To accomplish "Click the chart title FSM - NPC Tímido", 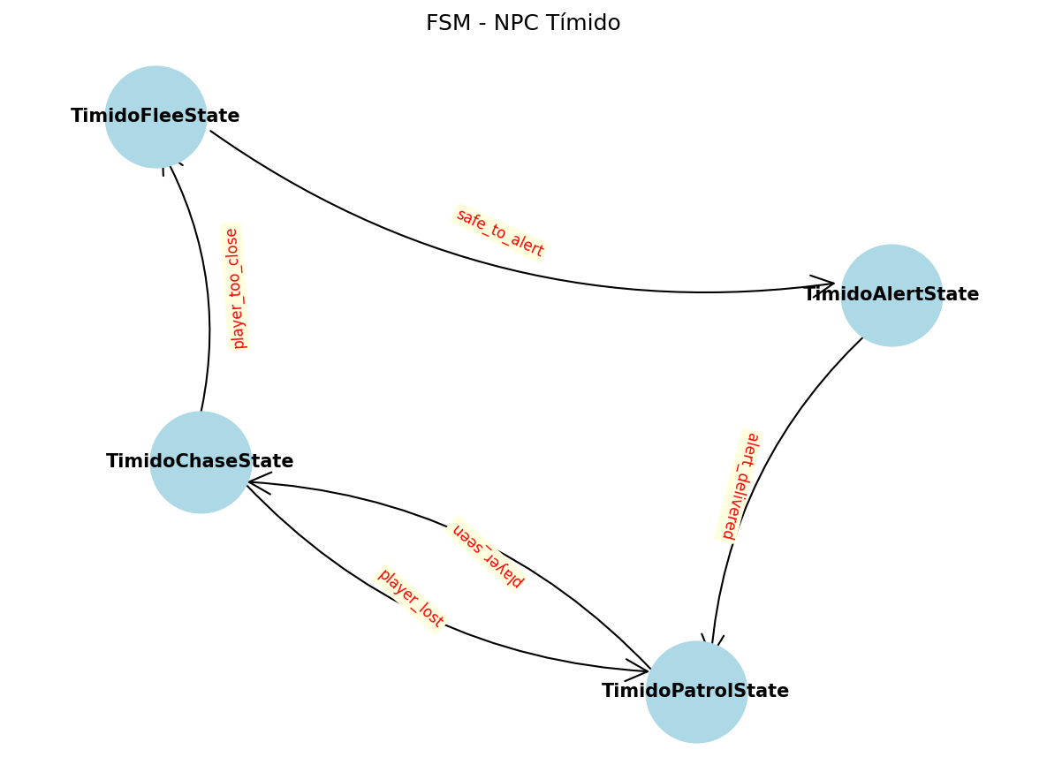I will click(x=523, y=24).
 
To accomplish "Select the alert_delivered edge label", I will click(x=739, y=485).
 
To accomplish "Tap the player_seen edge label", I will click(x=488, y=555).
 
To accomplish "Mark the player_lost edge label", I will click(x=411, y=599).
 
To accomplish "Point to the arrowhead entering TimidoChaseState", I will click(x=257, y=482).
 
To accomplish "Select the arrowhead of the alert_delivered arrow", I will click(x=712, y=641).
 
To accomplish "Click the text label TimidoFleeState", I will click(x=156, y=117).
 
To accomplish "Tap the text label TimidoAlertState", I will click(x=891, y=295).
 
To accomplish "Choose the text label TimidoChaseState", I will click(x=200, y=462).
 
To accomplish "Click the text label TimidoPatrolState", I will click(x=695, y=692).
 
